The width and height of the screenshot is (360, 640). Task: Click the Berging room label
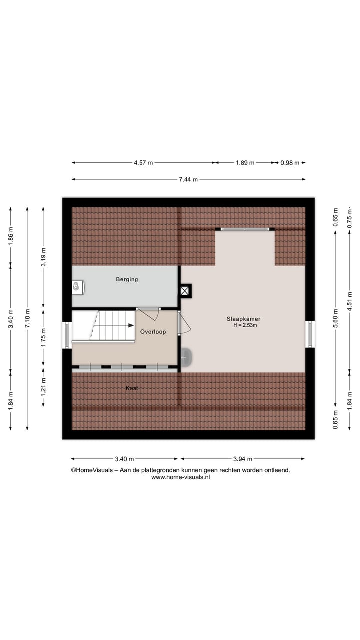(127, 279)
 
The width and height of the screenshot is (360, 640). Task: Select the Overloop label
(153, 332)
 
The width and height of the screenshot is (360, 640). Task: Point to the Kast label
(132, 388)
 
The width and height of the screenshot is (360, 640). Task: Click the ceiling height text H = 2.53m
(245, 325)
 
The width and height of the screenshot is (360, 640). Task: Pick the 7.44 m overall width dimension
(188, 179)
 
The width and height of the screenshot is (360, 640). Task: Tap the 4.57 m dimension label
(143, 163)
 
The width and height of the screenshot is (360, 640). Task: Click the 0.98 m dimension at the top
(289, 163)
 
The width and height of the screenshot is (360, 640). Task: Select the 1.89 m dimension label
(245, 163)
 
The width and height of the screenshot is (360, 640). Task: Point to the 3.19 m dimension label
(44, 257)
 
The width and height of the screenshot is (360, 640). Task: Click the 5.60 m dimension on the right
(335, 318)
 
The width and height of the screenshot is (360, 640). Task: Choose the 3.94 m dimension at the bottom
(242, 459)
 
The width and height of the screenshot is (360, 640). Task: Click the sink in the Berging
(77, 287)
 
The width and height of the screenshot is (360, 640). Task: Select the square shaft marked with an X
(186, 291)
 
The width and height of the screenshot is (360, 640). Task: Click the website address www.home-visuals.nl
(180, 477)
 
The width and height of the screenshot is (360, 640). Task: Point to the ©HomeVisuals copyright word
(90, 470)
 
